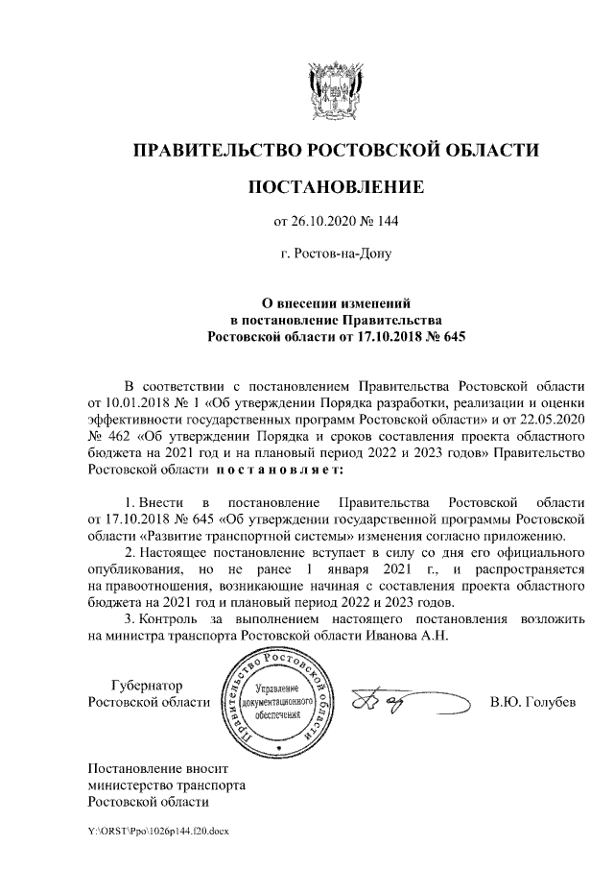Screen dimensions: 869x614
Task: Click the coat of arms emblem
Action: point(331,90)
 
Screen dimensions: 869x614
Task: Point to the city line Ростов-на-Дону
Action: point(336,254)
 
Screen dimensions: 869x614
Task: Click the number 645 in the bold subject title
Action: point(449,337)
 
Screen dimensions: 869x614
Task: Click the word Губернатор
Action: point(146,685)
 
